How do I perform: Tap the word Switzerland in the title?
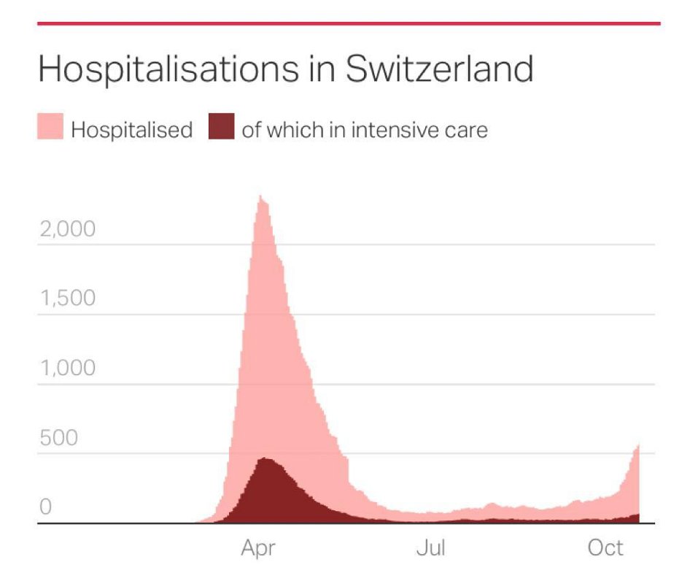click(x=439, y=69)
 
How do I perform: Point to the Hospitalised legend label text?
click(x=132, y=131)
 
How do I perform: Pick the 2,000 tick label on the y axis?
click(x=66, y=229)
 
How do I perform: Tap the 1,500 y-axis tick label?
click(x=66, y=299)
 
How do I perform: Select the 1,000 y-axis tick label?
click(x=66, y=368)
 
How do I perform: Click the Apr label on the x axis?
click(x=259, y=548)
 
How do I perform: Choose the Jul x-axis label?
click(x=430, y=548)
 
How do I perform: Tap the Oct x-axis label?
click(x=605, y=548)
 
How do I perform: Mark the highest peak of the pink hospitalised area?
click(x=261, y=196)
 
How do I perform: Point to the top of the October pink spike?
click(x=638, y=445)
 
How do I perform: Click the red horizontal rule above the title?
click(x=349, y=23)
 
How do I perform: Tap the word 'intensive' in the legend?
click(x=397, y=131)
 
